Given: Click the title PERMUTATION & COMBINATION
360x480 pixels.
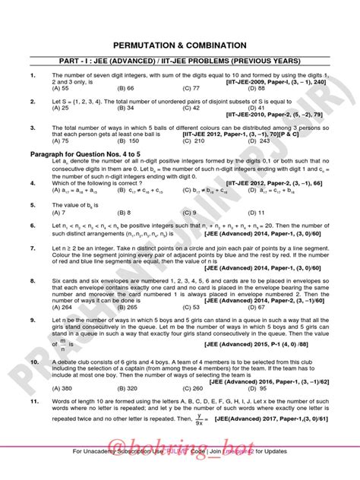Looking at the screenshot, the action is point(179,46).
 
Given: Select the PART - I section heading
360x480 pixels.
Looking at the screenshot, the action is point(179,61).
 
